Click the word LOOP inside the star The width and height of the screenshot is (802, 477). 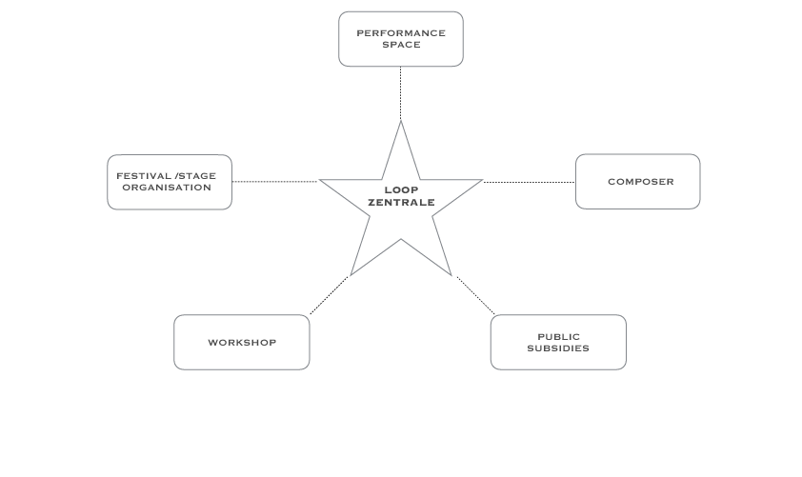pos(401,189)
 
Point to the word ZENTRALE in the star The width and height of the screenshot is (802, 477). pos(401,203)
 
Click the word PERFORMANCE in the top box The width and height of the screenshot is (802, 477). pos(401,33)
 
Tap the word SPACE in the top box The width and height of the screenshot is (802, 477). pos(401,45)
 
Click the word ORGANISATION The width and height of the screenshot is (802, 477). pos(167,188)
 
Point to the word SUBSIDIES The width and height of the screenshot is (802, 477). pos(558,348)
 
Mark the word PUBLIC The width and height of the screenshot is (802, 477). pos(558,337)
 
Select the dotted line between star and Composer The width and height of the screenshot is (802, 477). pos(529,182)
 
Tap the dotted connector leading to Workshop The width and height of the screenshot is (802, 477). pos(329,295)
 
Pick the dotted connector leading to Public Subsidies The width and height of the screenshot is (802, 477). pos(475,295)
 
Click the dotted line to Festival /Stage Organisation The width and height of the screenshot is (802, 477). pos(274,181)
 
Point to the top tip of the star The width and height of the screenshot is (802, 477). pos(401,124)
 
